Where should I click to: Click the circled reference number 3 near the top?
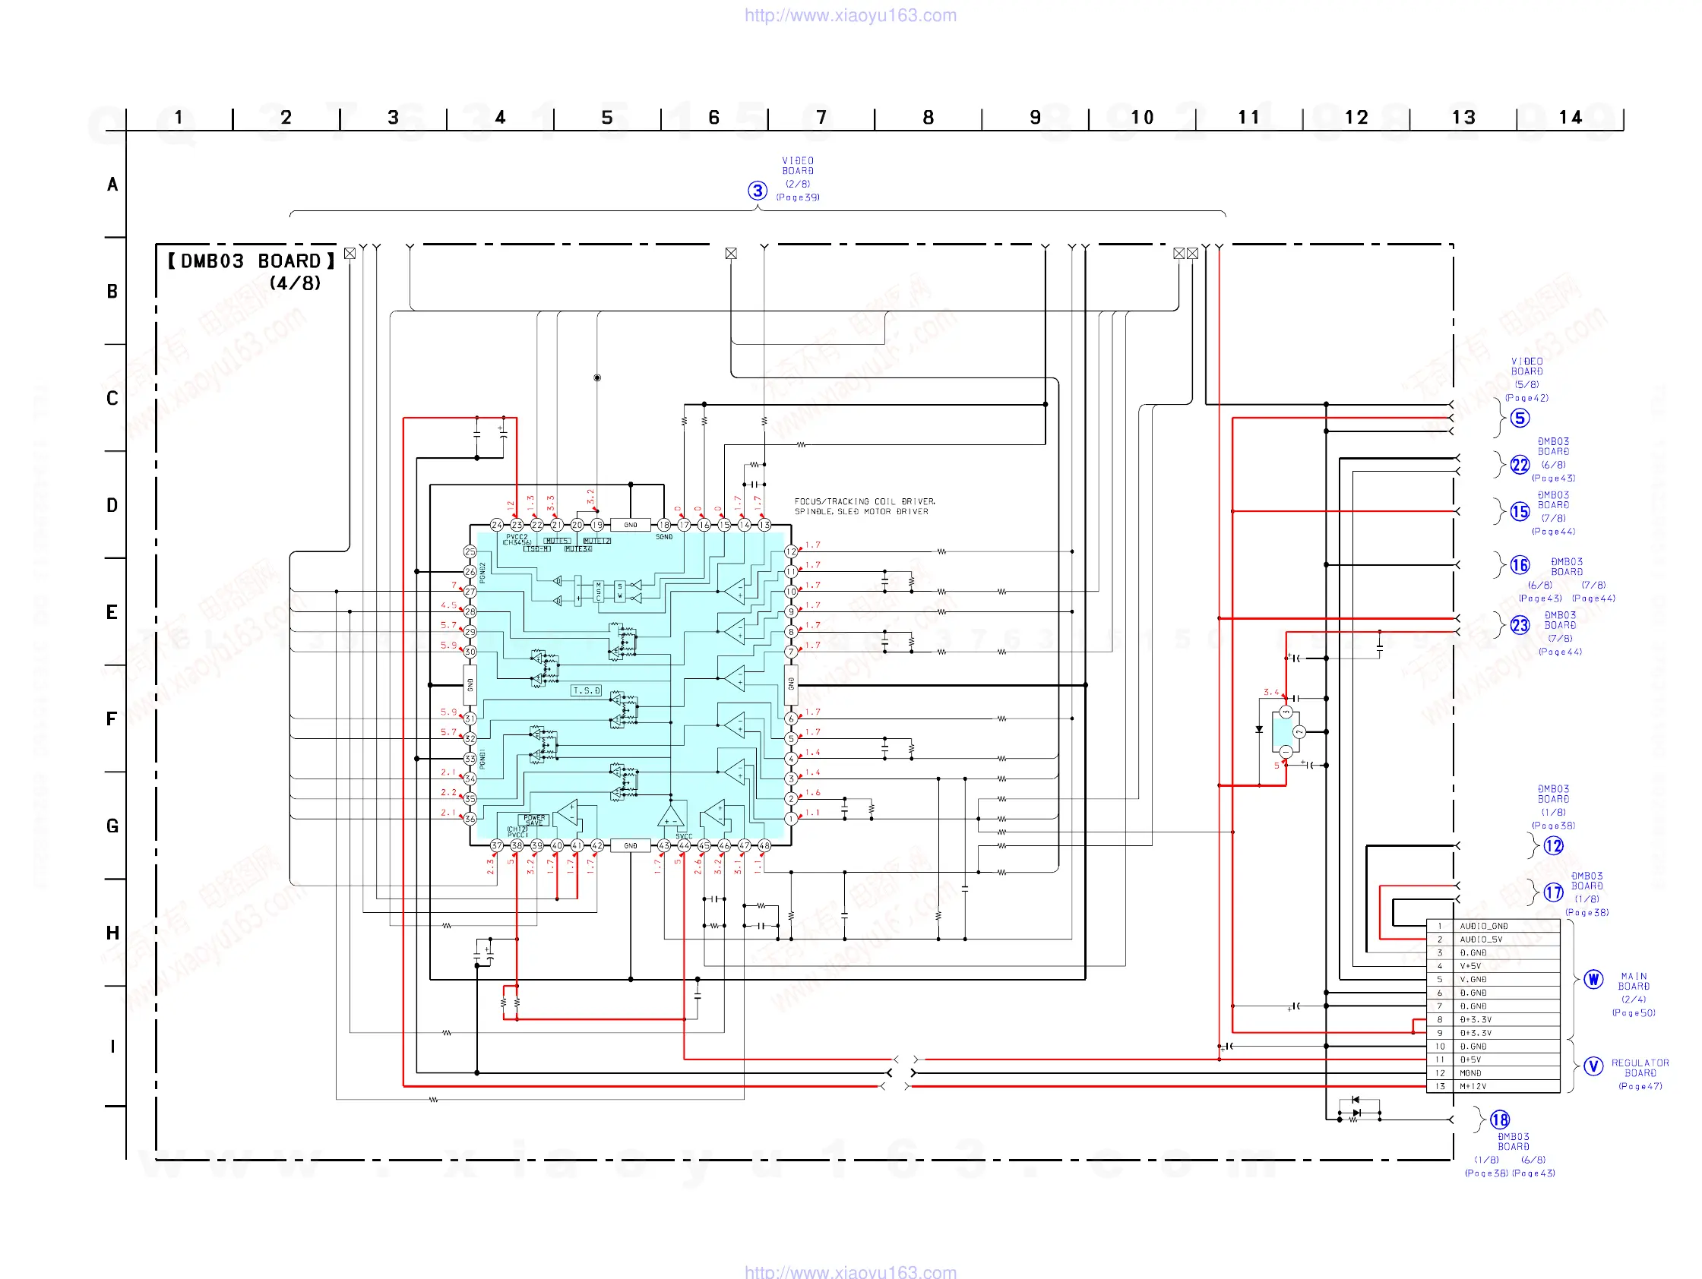point(757,190)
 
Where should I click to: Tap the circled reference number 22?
point(1520,465)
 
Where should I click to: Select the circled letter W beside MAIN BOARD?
point(1593,979)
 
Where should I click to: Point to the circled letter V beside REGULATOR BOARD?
point(1593,1066)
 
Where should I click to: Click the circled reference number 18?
point(1500,1120)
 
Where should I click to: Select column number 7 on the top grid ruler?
point(821,118)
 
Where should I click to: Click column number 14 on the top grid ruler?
point(1570,118)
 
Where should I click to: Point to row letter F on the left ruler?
point(112,719)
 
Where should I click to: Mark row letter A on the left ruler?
point(112,185)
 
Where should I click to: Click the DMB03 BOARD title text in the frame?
point(251,261)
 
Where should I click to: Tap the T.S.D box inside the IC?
point(586,690)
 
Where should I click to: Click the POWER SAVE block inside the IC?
point(534,820)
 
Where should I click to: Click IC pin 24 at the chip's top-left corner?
point(497,525)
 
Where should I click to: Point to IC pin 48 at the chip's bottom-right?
point(764,845)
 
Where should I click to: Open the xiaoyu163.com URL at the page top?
point(850,15)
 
